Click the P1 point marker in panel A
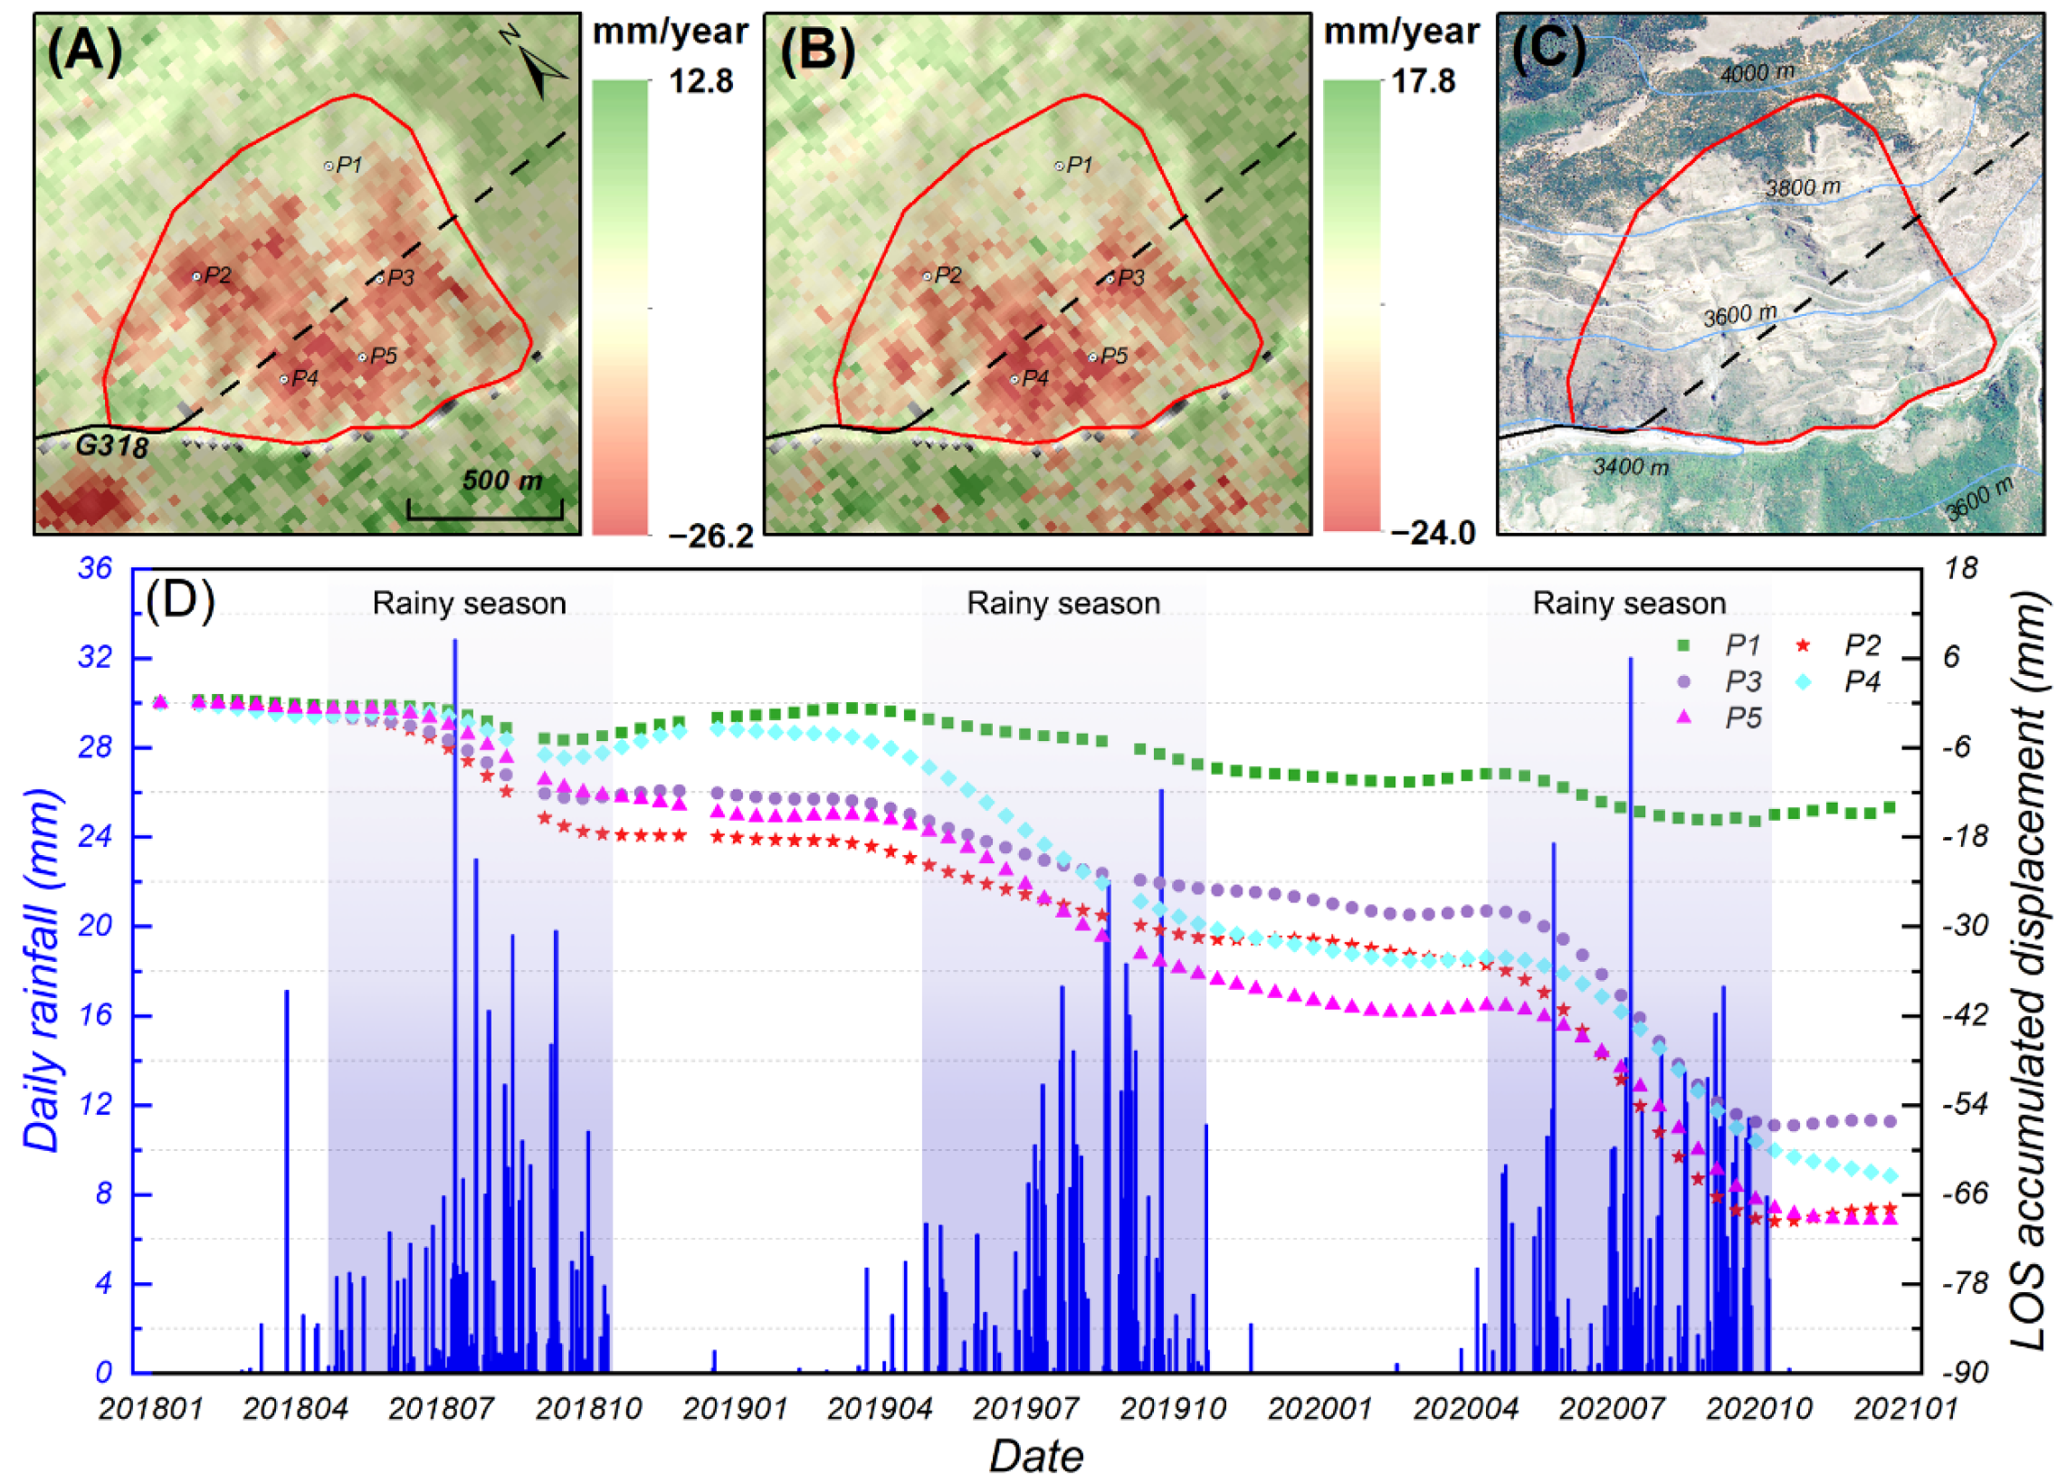pos(329,166)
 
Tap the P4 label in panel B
pos(1035,378)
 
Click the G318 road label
pos(111,447)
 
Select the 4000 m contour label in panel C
pos(1757,73)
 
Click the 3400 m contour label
pos(1631,467)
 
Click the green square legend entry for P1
pos(1684,645)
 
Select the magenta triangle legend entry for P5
pos(1684,718)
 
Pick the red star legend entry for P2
pos(1802,645)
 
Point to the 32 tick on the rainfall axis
pos(96,657)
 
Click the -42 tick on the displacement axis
pos(1953,1015)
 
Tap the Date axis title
pos(1036,1457)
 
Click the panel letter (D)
pos(179,601)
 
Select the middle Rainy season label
pos(1062,603)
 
